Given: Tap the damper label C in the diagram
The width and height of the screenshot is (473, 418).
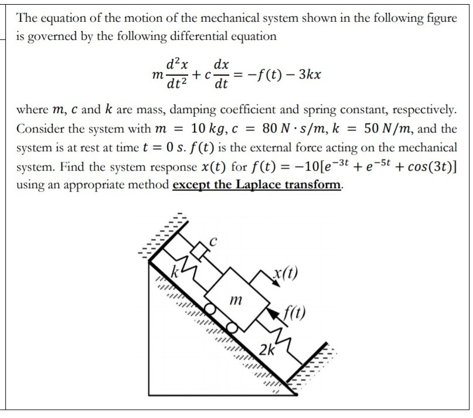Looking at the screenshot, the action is pyautogui.click(x=215, y=241).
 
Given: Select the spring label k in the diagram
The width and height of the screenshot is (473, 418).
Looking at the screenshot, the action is pyautogui.click(x=173, y=271).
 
